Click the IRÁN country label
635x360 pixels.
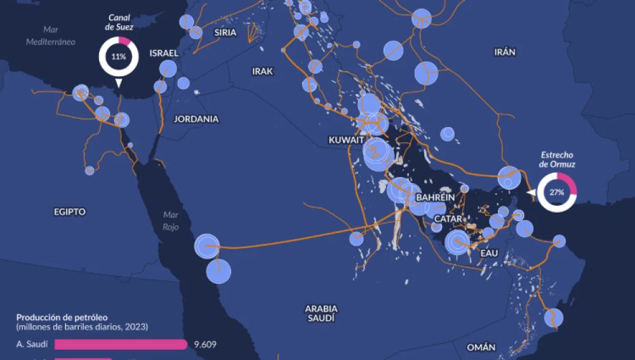[505, 53]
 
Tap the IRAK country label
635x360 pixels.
[262, 72]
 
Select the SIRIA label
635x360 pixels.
[225, 32]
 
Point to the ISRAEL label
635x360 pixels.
[164, 53]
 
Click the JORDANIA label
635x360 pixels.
[196, 119]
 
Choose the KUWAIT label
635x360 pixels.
[346, 140]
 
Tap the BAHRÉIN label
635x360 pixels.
[435, 197]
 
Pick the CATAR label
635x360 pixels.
[448, 219]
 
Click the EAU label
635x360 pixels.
[490, 253]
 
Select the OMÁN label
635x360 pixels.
[481, 347]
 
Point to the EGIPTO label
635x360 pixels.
[70, 211]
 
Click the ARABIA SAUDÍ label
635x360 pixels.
[321, 313]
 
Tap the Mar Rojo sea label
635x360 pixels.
[170, 220]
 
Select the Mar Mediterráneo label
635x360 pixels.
[51, 36]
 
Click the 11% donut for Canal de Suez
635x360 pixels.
[118, 57]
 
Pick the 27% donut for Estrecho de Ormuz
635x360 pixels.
[557, 192]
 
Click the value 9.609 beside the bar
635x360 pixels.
[205, 345]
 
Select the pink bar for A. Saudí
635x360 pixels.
[121, 345]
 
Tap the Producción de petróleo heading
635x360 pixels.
[62, 317]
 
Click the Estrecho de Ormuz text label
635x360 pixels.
[557, 159]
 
